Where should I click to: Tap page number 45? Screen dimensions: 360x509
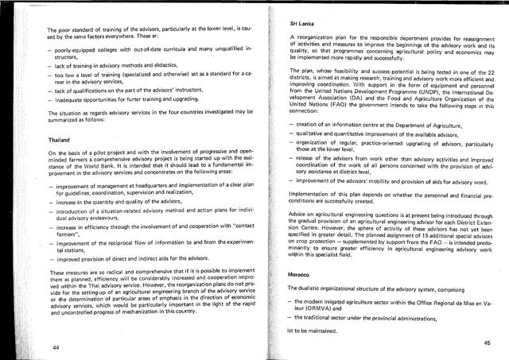pos(486,342)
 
